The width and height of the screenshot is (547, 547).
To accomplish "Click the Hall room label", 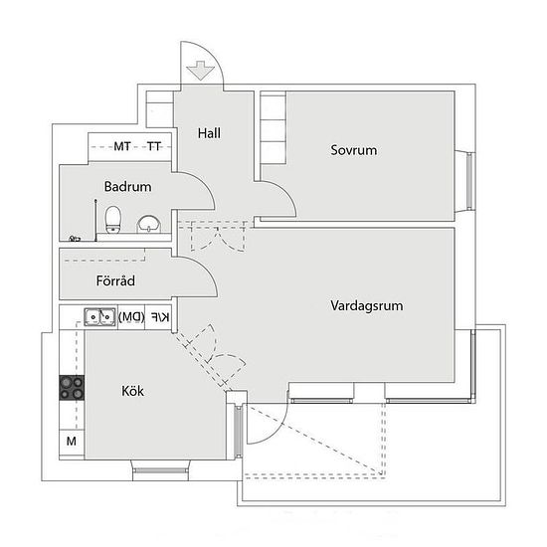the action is (209, 133).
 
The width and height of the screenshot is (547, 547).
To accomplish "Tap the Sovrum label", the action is (354, 150).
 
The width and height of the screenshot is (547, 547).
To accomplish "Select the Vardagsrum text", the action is (367, 305).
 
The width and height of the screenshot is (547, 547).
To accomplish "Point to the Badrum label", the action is (127, 187).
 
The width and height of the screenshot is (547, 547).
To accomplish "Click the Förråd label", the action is (115, 280).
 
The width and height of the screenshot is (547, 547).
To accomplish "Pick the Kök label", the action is (132, 391).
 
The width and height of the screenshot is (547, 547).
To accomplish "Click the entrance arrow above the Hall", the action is (200, 71).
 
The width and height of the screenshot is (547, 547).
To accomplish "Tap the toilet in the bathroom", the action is (113, 220).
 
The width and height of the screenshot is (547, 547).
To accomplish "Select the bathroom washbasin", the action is (149, 224).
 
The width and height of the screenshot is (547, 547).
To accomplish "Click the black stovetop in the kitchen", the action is (72, 388).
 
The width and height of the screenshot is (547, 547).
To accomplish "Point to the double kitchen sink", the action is (99, 317).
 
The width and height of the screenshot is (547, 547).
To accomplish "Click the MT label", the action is (122, 146).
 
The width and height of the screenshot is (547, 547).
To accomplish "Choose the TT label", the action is (154, 146).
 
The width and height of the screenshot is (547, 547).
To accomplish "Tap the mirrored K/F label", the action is (160, 317).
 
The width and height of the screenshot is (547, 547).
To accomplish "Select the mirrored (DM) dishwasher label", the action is (131, 317).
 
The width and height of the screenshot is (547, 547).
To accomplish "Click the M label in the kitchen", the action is (72, 442).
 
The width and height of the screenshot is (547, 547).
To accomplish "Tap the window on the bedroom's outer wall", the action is (469, 181).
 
